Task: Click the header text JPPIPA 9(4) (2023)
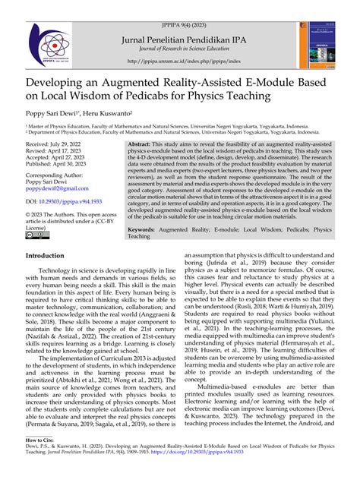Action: point(179,7)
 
